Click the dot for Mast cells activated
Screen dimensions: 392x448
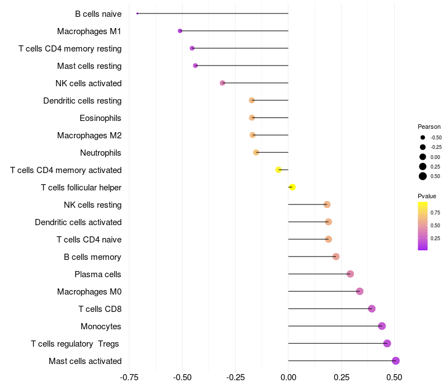(396, 361)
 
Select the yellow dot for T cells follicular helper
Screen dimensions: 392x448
(292, 187)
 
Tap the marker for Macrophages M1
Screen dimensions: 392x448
(180, 31)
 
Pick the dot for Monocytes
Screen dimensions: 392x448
(382, 326)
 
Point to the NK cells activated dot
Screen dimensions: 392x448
(222, 83)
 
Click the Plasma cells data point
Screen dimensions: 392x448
(351, 274)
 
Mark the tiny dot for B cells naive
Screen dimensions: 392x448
(137, 13)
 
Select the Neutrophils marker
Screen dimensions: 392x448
(256, 152)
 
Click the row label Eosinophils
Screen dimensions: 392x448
(101, 118)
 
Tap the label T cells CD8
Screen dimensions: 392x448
(100, 309)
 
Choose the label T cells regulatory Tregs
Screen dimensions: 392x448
(75, 344)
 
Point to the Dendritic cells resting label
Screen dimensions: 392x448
(82, 101)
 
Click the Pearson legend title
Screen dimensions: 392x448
(429, 127)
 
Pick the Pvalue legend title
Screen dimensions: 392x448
(427, 196)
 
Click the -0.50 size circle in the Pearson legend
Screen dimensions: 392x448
(423, 137)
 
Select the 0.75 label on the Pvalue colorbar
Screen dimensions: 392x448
(435, 213)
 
